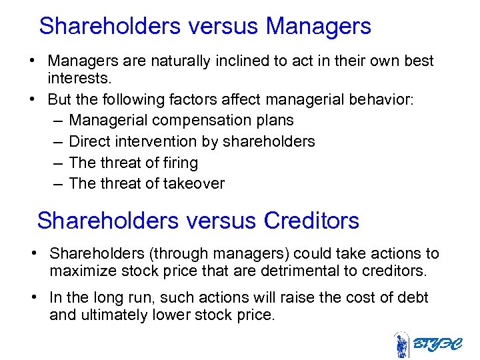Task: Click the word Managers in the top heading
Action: [318, 26]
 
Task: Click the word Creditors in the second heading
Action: [311, 220]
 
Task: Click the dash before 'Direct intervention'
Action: [56, 141]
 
